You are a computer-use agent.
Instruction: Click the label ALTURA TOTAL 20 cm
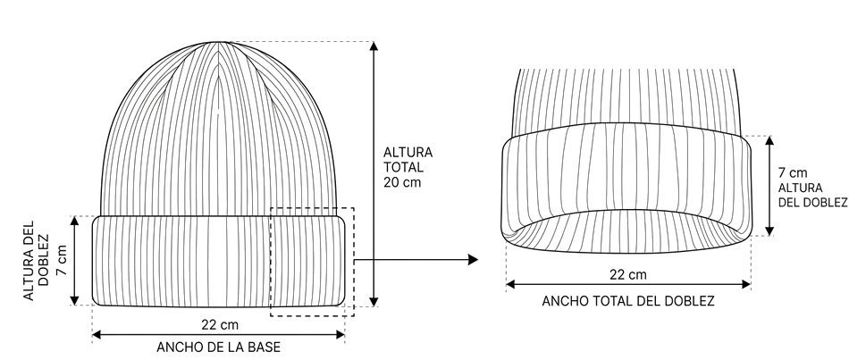tap(408, 167)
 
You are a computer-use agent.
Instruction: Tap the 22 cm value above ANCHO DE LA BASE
tap(220, 325)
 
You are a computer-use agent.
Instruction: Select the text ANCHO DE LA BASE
tap(219, 347)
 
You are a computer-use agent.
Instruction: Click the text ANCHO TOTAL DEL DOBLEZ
tap(628, 301)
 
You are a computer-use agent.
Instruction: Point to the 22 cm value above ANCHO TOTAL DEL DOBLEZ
tap(628, 275)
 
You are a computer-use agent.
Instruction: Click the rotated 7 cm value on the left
tap(63, 260)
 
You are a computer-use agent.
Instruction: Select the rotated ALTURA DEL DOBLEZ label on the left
tap(36, 260)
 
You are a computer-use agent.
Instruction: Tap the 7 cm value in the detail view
tap(793, 173)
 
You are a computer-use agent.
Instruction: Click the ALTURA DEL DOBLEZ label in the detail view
tap(812, 196)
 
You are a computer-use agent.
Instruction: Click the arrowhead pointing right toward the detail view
tap(473, 260)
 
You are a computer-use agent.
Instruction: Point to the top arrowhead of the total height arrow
tap(373, 46)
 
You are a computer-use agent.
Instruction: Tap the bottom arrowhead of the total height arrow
tap(373, 302)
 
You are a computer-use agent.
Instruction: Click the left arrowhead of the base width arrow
tap(97, 335)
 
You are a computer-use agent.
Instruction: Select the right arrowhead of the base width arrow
tap(340, 335)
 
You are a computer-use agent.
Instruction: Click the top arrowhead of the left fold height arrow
tap(75, 221)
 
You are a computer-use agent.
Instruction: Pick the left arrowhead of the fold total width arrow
tap(510, 284)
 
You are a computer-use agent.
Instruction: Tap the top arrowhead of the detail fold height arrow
tap(769, 141)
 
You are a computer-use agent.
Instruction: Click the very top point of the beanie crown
tap(217, 42)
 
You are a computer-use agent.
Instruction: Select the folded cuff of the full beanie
tap(219, 261)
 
